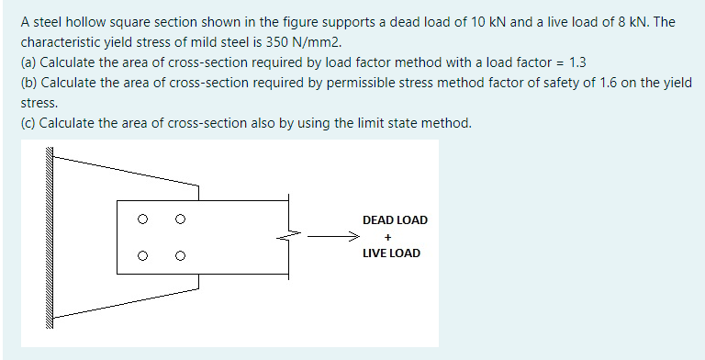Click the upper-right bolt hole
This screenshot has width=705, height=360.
(x=180, y=219)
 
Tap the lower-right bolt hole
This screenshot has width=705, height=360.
(x=180, y=254)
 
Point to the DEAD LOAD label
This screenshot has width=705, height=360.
(x=395, y=220)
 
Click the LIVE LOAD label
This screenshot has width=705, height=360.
(x=392, y=253)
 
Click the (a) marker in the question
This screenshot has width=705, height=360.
(x=28, y=62)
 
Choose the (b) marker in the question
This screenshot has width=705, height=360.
(x=28, y=83)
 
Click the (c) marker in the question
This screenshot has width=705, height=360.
(x=28, y=123)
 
